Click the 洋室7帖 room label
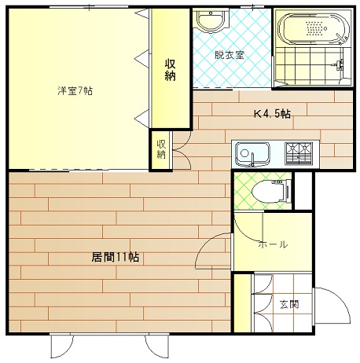tap(75, 91)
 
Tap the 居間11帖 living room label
tap(115, 257)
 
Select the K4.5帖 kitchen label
tap(272, 114)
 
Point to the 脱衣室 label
tap(230, 55)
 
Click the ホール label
tap(273, 244)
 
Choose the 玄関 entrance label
tap(289, 304)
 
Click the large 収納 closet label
tap(170, 70)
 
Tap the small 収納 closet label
tap(161, 149)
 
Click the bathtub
tap(314, 28)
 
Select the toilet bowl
tap(270, 191)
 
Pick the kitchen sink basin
tap(252, 154)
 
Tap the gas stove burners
tap(299, 154)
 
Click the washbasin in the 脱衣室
tap(211, 20)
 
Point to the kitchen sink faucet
tap(252, 160)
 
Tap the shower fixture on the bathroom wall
tap(339, 64)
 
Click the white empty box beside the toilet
tap(303, 190)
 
